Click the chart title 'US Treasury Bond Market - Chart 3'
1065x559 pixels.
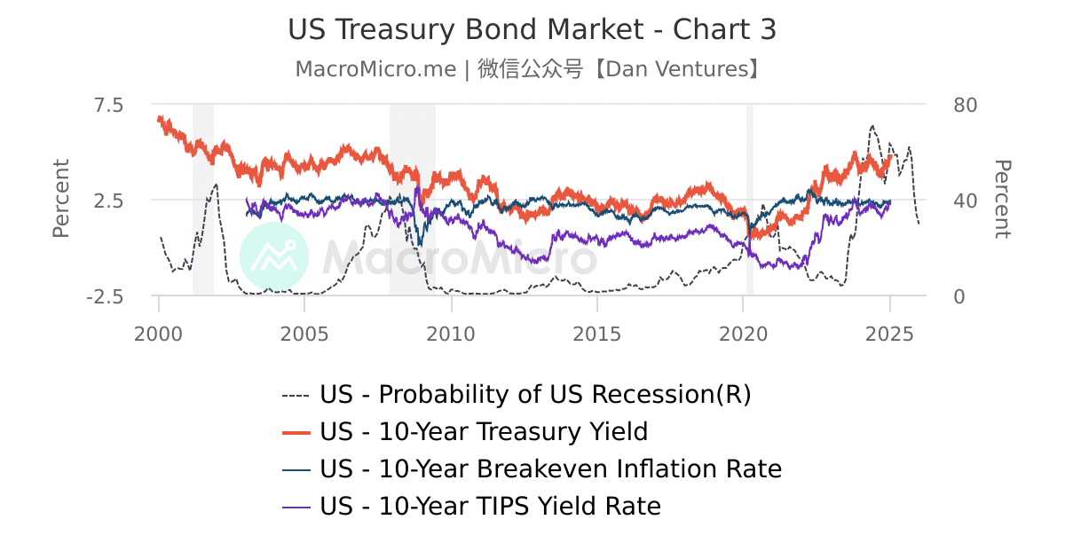click(532, 29)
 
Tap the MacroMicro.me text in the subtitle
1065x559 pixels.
click(376, 68)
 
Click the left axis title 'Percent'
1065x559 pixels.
click(60, 199)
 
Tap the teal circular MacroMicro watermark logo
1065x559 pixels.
click(274, 256)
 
